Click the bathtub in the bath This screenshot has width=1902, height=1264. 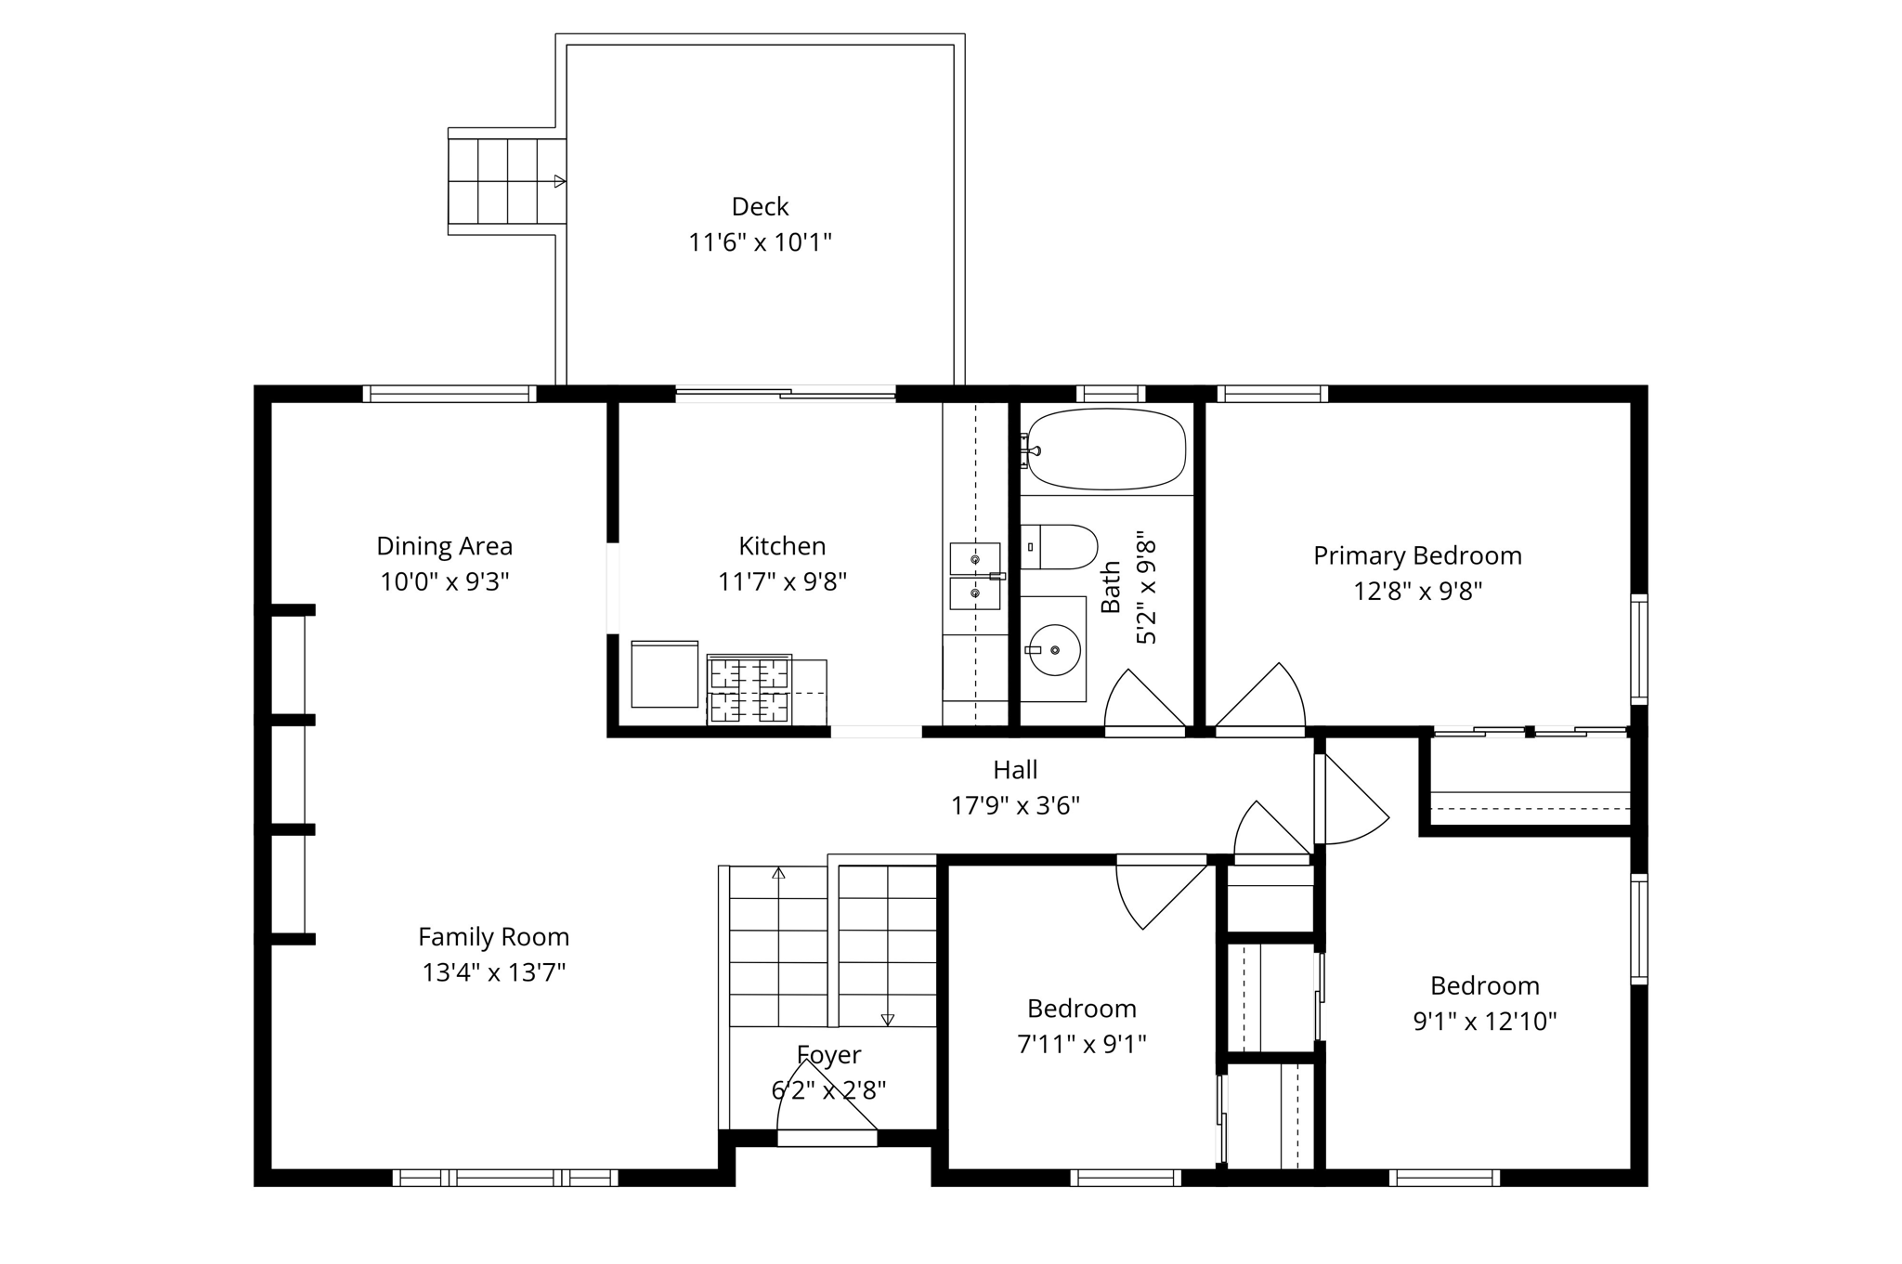(x=1105, y=450)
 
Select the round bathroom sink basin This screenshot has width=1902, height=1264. (x=1055, y=650)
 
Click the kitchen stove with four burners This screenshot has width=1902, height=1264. (x=749, y=689)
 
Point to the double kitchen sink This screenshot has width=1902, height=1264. (x=974, y=576)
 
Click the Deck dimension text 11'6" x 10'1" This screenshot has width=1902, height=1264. (x=760, y=242)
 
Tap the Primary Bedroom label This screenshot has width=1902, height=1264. (x=1417, y=555)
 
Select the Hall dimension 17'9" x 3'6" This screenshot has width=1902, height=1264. (x=1015, y=805)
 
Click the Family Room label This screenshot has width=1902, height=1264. (x=493, y=936)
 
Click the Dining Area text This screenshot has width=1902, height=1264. (x=444, y=545)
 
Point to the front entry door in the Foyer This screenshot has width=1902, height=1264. (x=827, y=1137)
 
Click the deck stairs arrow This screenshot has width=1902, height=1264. (x=559, y=181)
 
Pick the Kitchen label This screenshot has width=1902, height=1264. (x=782, y=545)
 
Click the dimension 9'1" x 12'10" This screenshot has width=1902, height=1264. (x=1484, y=1022)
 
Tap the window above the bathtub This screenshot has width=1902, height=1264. (x=1110, y=394)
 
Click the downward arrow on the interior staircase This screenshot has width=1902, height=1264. (x=887, y=1019)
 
